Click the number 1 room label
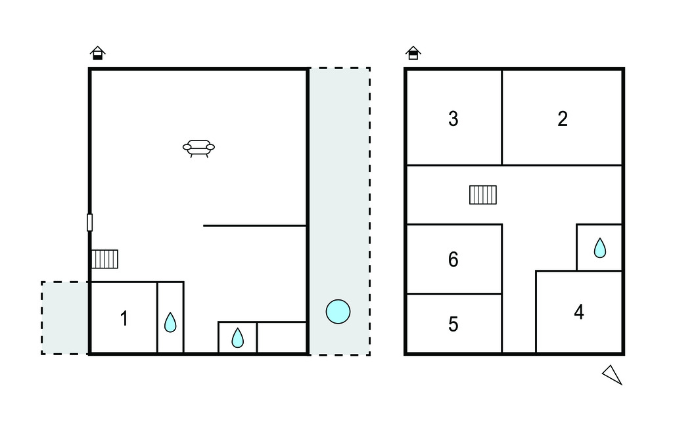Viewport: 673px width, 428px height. [x=124, y=318]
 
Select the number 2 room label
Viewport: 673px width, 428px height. [x=563, y=119]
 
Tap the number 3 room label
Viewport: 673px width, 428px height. [x=453, y=119]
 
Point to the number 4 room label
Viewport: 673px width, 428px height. [x=579, y=312]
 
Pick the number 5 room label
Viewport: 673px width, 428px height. [x=453, y=324]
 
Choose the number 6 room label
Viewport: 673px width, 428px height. [x=453, y=259]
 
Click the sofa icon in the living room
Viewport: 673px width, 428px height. [x=198, y=148]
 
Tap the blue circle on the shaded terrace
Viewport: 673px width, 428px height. [x=338, y=311]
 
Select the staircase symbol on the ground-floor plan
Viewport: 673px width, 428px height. [x=104, y=259]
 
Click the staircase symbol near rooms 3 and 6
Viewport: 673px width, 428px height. [x=483, y=195]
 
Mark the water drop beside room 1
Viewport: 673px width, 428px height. [x=170, y=322]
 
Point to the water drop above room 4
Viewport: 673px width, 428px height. [x=599, y=248]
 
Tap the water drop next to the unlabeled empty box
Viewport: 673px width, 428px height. [x=237, y=337]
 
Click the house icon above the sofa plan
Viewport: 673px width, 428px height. [x=98, y=53]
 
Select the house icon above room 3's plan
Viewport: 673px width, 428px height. [x=413, y=53]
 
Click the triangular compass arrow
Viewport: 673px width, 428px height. [x=613, y=375]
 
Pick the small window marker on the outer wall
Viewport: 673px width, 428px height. [x=89, y=223]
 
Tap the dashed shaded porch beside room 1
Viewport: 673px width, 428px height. [x=65, y=318]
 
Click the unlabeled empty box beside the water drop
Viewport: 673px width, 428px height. [x=281, y=337]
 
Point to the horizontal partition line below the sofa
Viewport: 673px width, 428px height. [x=255, y=226]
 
